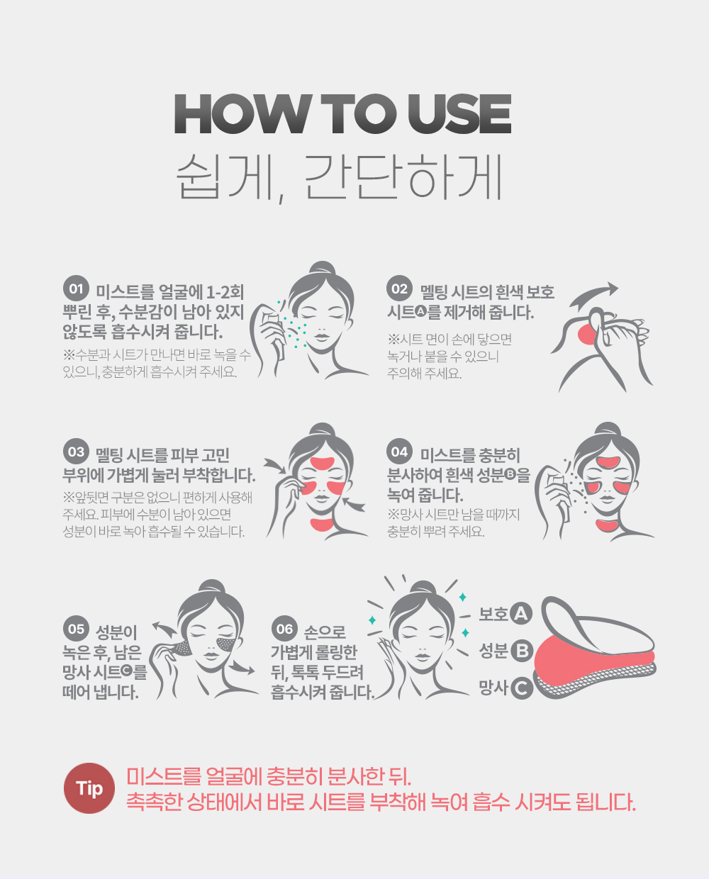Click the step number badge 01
tap(76, 289)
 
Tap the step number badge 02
tap(399, 289)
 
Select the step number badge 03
tap(76, 452)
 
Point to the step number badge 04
tap(399, 452)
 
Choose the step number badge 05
tap(76, 629)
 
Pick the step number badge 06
tap(284, 629)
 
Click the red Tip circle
tap(89, 788)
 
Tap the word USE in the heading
tap(459, 114)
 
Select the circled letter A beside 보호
tap(521, 613)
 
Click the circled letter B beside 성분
tap(522, 651)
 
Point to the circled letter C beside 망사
tap(522, 688)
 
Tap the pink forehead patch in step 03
tap(323, 463)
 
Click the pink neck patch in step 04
tap(608, 525)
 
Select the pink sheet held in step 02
tap(587, 334)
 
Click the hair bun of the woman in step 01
tap(323, 269)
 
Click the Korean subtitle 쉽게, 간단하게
tap(339, 179)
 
